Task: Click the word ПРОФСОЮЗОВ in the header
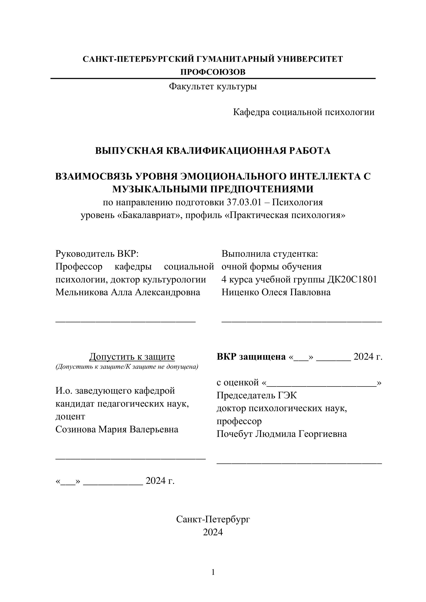click(213, 72)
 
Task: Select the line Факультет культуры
click(213, 86)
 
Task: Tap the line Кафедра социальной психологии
click(304, 112)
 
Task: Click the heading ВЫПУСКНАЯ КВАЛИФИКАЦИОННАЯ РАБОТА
click(213, 151)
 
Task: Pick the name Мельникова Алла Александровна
click(128, 292)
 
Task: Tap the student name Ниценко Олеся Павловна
click(276, 292)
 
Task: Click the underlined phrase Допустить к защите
click(132, 357)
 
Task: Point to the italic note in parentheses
click(127, 366)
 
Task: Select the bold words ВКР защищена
click(251, 357)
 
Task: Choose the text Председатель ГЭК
click(256, 395)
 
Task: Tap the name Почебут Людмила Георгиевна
click(281, 434)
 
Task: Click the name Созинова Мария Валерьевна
click(117, 429)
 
